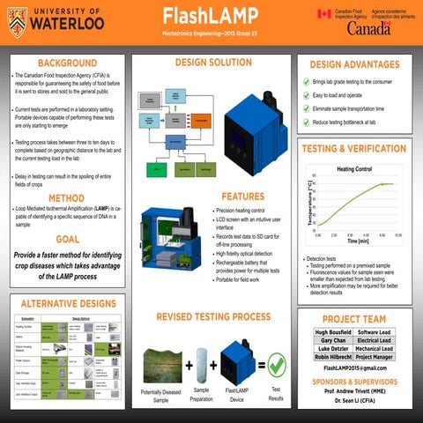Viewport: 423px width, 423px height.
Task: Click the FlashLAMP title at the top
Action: click(x=211, y=17)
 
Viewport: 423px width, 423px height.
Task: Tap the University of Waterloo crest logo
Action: click(x=18, y=18)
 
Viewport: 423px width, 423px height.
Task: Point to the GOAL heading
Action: click(x=67, y=239)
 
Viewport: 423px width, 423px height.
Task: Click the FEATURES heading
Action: click(x=243, y=197)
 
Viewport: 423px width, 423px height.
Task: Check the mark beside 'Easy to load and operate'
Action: click(x=306, y=94)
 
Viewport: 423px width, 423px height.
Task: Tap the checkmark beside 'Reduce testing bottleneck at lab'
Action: click(x=306, y=122)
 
